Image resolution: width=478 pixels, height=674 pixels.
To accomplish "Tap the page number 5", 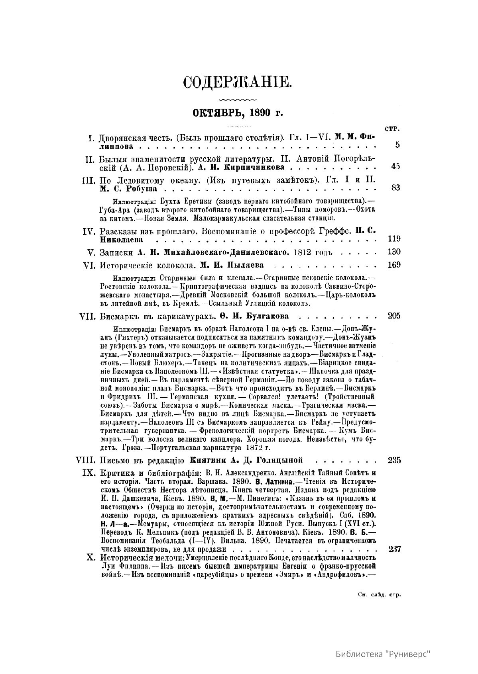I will coord(397,145).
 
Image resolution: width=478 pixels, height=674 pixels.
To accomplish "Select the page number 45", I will coord(395,166).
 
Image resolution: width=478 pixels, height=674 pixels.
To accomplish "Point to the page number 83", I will coord(395,188).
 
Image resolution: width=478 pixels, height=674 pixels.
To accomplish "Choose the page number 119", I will coord(394,239).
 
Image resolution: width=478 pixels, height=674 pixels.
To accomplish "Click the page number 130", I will coord(394,252).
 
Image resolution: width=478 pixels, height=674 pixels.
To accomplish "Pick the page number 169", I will coord(394,265).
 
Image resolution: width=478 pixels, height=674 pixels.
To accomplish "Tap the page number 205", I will coord(394,316).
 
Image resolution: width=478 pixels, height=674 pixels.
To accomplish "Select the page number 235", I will coord(394,461).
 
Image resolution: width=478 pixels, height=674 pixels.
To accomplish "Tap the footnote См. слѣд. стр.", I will coord(379,595).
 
